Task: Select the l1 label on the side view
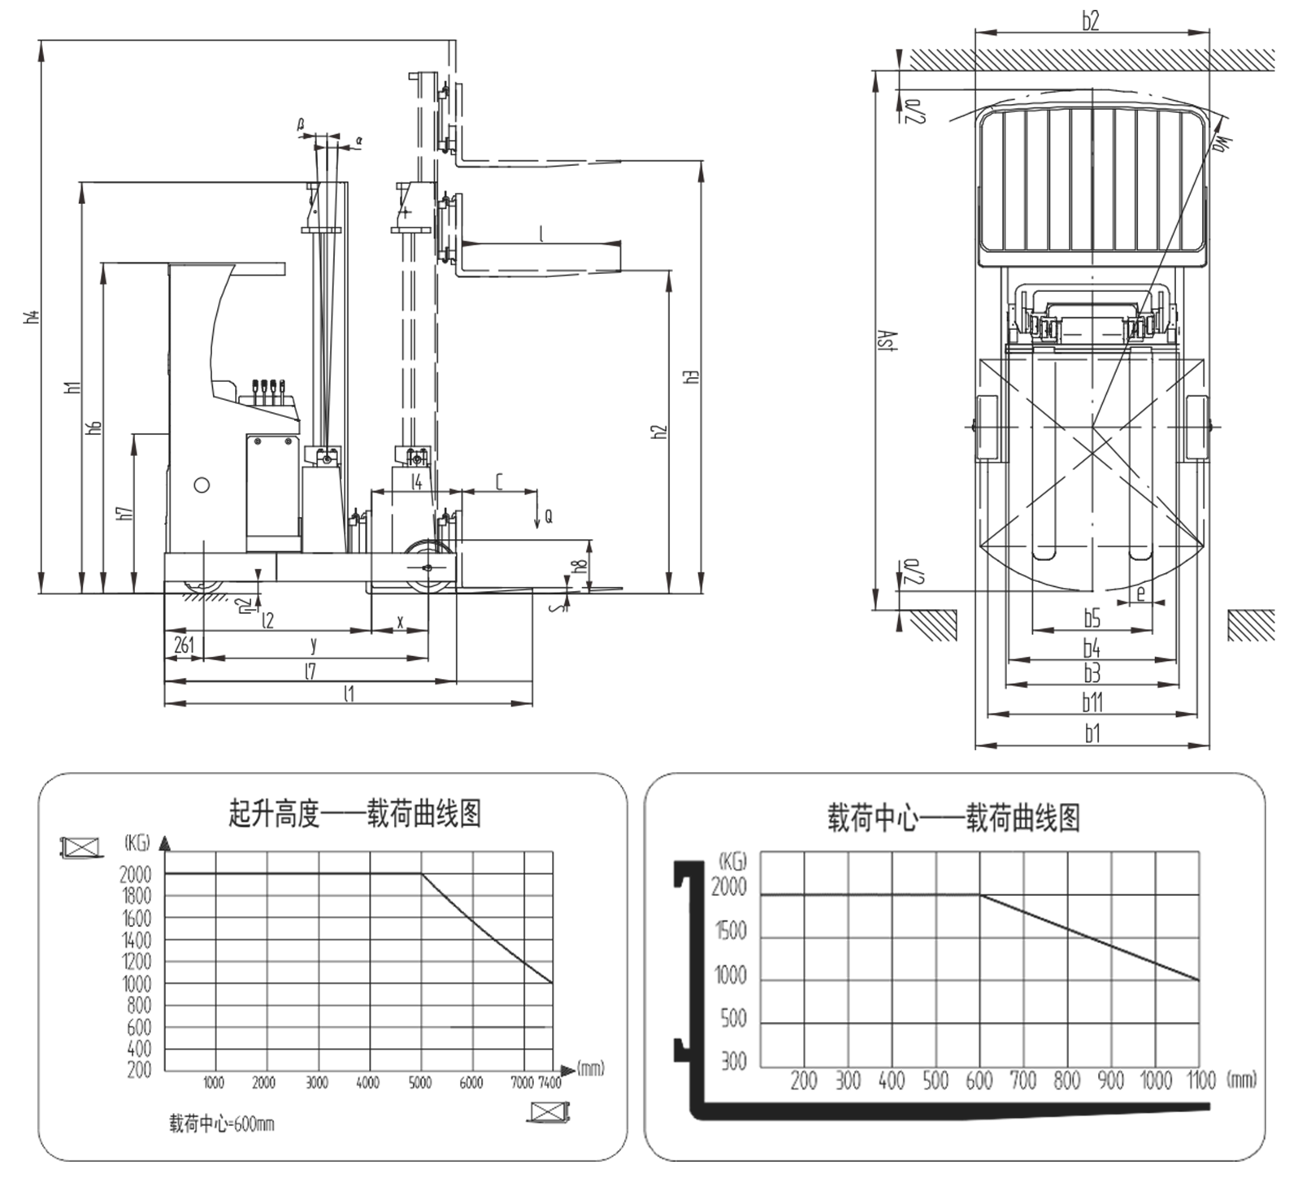coord(349,693)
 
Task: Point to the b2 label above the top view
coord(1091,20)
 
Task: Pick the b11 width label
coord(1092,702)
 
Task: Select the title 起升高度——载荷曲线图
coord(355,813)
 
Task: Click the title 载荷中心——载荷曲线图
coord(953,818)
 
